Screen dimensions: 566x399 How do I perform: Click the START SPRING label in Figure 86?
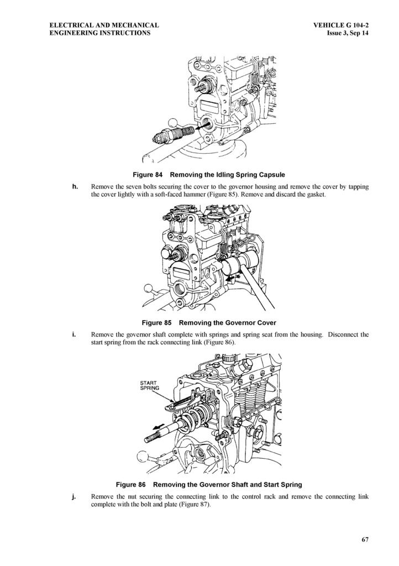pyautogui.click(x=149, y=385)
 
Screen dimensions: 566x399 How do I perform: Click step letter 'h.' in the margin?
pyautogui.click(x=75, y=187)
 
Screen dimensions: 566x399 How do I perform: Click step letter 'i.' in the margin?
pyautogui.click(x=74, y=334)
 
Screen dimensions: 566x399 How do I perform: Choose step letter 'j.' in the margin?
pyautogui.click(x=74, y=496)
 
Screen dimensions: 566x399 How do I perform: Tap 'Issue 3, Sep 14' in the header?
pyautogui.click(x=348, y=33)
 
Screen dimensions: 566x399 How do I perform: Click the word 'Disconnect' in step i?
pyautogui.click(x=343, y=334)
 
